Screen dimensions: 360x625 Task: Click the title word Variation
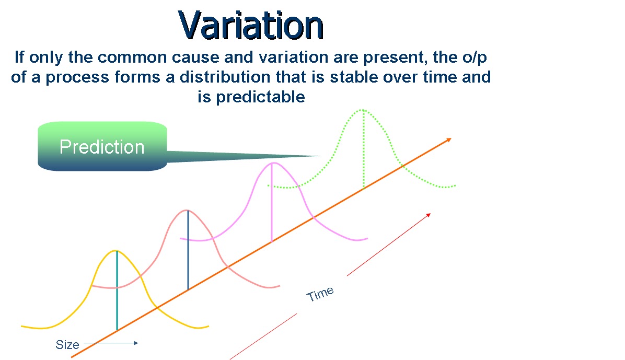251,25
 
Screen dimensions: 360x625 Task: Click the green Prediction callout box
102,146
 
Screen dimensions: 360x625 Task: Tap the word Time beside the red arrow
320,294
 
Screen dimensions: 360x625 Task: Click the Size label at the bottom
67,345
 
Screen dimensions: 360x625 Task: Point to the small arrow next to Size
110,343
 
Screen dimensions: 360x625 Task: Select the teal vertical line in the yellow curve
117,293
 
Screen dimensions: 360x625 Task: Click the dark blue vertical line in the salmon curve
188,251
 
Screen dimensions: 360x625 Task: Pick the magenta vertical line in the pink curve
272,204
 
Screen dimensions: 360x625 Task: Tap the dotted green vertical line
363,152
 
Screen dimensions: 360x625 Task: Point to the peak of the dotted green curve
362,110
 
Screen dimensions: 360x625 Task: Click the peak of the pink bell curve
272,163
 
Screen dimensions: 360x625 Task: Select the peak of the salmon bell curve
187,210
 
